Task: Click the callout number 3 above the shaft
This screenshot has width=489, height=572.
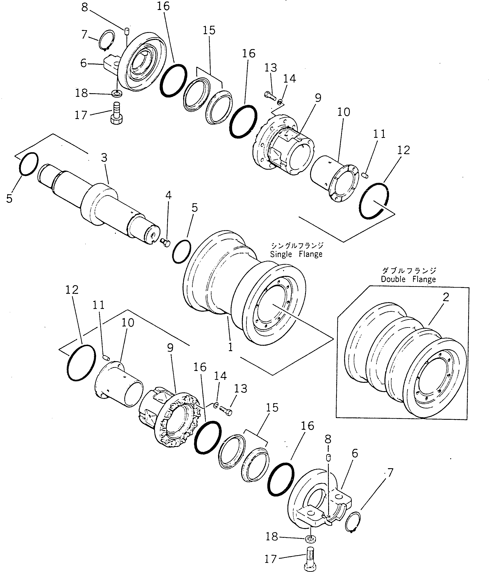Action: (x=104, y=158)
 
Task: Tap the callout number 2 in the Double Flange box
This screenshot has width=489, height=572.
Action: (x=446, y=297)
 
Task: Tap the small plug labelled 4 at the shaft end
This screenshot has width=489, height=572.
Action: (x=166, y=243)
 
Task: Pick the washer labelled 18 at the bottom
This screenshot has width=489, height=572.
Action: (x=311, y=538)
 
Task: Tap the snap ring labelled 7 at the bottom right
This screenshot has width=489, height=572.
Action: (x=353, y=521)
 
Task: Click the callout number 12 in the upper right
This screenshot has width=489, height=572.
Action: (x=404, y=150)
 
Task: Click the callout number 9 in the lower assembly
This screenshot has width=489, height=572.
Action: (x=170, y=348)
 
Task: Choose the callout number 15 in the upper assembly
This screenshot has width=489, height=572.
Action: (x=209, y=30)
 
